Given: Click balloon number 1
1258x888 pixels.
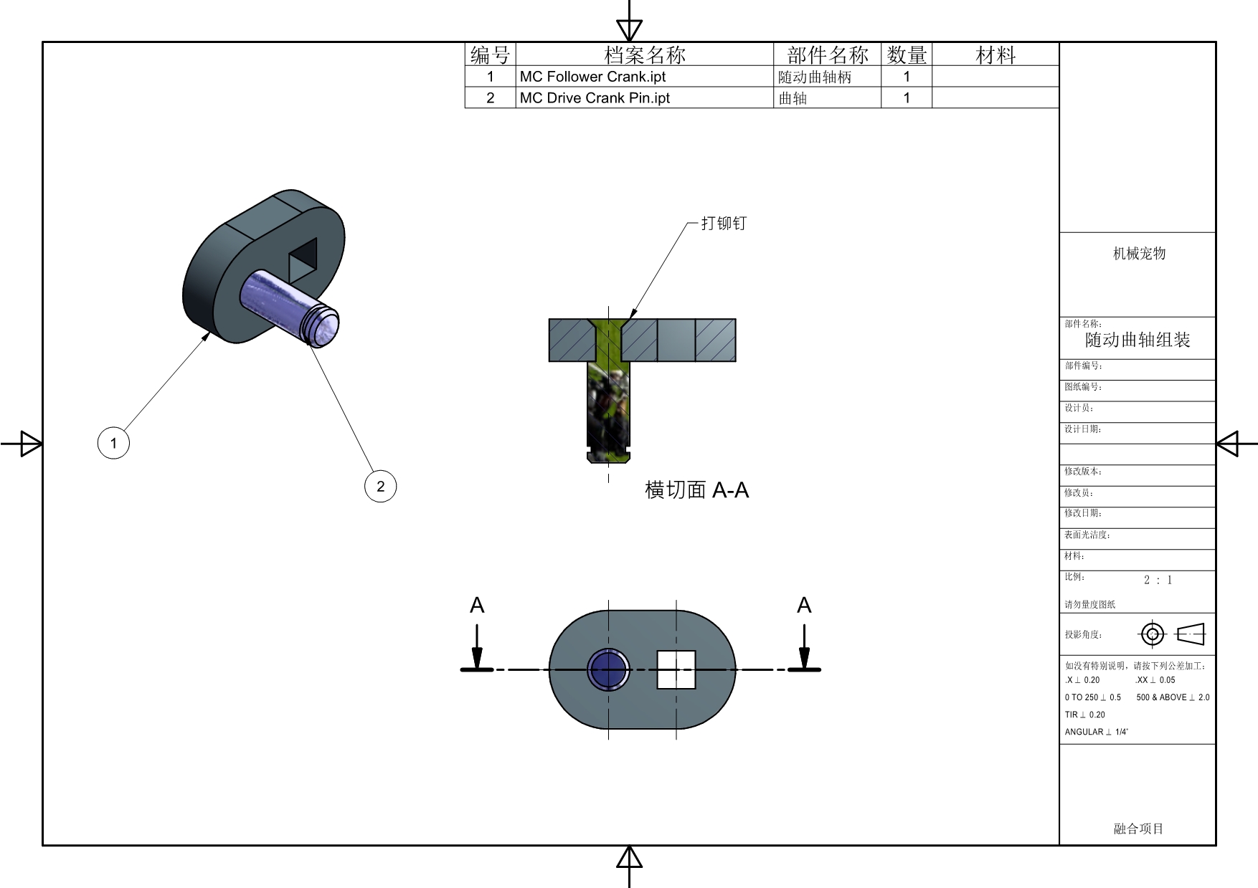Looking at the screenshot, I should (113, 443).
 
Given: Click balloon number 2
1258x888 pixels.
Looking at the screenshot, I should (380, 486).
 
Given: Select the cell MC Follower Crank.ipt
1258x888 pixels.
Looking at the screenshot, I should (592, 77).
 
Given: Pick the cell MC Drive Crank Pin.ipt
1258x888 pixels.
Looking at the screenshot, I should (595, 98).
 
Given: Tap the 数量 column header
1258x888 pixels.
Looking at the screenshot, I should (907, 54).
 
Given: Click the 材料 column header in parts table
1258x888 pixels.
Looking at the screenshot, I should (995, 54).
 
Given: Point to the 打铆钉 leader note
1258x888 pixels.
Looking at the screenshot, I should (723, 224).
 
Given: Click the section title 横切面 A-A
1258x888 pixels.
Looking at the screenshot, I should (696, 490).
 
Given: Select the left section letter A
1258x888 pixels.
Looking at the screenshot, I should (477, 606).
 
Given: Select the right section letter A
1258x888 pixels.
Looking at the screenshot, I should (804, 606).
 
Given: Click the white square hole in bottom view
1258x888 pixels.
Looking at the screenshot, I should (676, 669).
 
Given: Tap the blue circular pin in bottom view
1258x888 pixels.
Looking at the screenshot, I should (608, 669).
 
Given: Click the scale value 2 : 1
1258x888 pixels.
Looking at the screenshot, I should (1158, 580).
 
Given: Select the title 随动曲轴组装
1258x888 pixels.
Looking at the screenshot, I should (1138, 340).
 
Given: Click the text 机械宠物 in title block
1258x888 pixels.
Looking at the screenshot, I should (1139, 253).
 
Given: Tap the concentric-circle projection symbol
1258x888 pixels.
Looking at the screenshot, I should (1153, 634).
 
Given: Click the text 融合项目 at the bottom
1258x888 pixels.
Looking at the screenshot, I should (1138, 829).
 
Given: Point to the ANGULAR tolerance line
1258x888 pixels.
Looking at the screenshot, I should (1096, 732).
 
